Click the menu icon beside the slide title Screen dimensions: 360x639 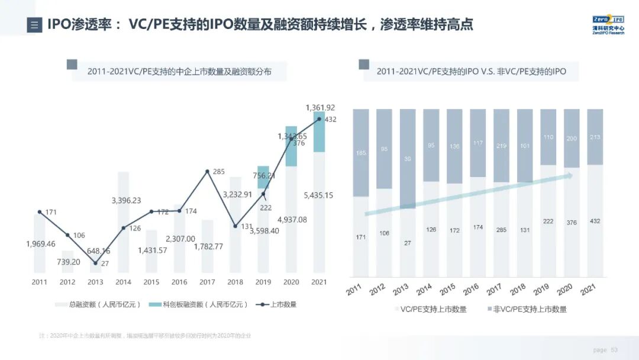pos(34,25)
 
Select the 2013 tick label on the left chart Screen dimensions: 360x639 pos(95,282)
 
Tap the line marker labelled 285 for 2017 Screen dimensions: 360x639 pos(207,172)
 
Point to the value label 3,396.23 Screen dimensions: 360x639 pos(126,201)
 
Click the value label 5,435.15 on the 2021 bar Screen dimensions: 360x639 pos(318,195)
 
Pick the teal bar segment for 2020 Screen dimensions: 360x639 pos(291,146)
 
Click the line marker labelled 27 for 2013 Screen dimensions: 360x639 pos(95,263)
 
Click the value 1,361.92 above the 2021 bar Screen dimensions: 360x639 pos(320,108)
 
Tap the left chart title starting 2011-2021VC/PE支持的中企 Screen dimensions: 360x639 pos(179,72)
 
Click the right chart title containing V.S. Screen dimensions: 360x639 pos(471,72)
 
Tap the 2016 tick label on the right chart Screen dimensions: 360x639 pos(471,290)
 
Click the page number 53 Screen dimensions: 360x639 pos(614,350)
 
